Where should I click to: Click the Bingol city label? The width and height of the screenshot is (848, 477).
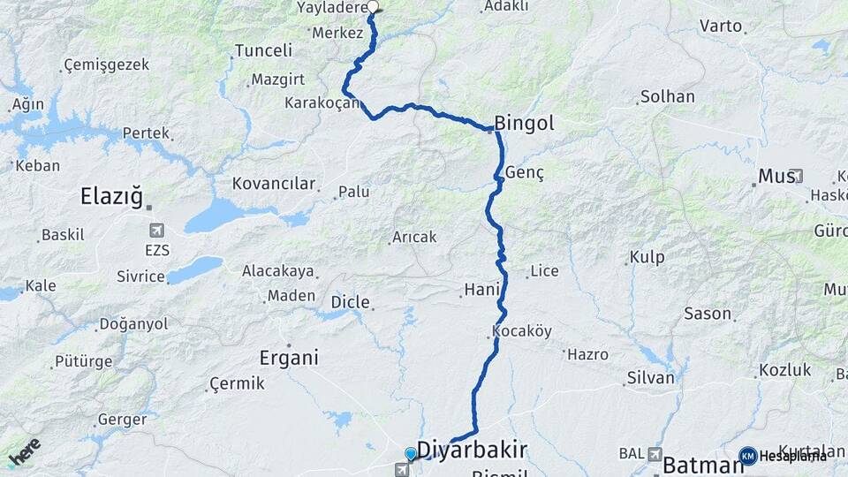click(525, 124)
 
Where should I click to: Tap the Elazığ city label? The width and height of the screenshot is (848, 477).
click(111, 196)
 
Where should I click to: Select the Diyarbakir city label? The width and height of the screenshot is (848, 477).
click(472, 450)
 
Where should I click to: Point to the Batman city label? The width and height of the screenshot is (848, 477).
click(697, 465)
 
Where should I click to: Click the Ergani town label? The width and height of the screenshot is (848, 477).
click(288, 358)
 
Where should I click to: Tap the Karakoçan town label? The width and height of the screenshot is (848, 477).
click(322, 103)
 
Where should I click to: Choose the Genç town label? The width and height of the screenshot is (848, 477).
click(525, 173)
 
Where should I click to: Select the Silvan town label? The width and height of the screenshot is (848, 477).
click(650, 378)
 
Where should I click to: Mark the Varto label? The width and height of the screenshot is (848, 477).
click(721, 26)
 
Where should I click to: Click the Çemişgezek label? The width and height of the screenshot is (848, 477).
click(106, 65)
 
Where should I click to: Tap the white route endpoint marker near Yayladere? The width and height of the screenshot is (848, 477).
click(373, 7)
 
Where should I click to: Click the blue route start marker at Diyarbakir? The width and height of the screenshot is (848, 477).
click(410, 454)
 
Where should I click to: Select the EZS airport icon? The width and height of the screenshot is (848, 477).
click(157, 231)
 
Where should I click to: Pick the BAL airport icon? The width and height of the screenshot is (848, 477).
click(655, 453)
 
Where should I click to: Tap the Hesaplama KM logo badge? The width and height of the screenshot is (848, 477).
click(748, 456)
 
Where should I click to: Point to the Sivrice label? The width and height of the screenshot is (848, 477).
click(141, 276)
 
